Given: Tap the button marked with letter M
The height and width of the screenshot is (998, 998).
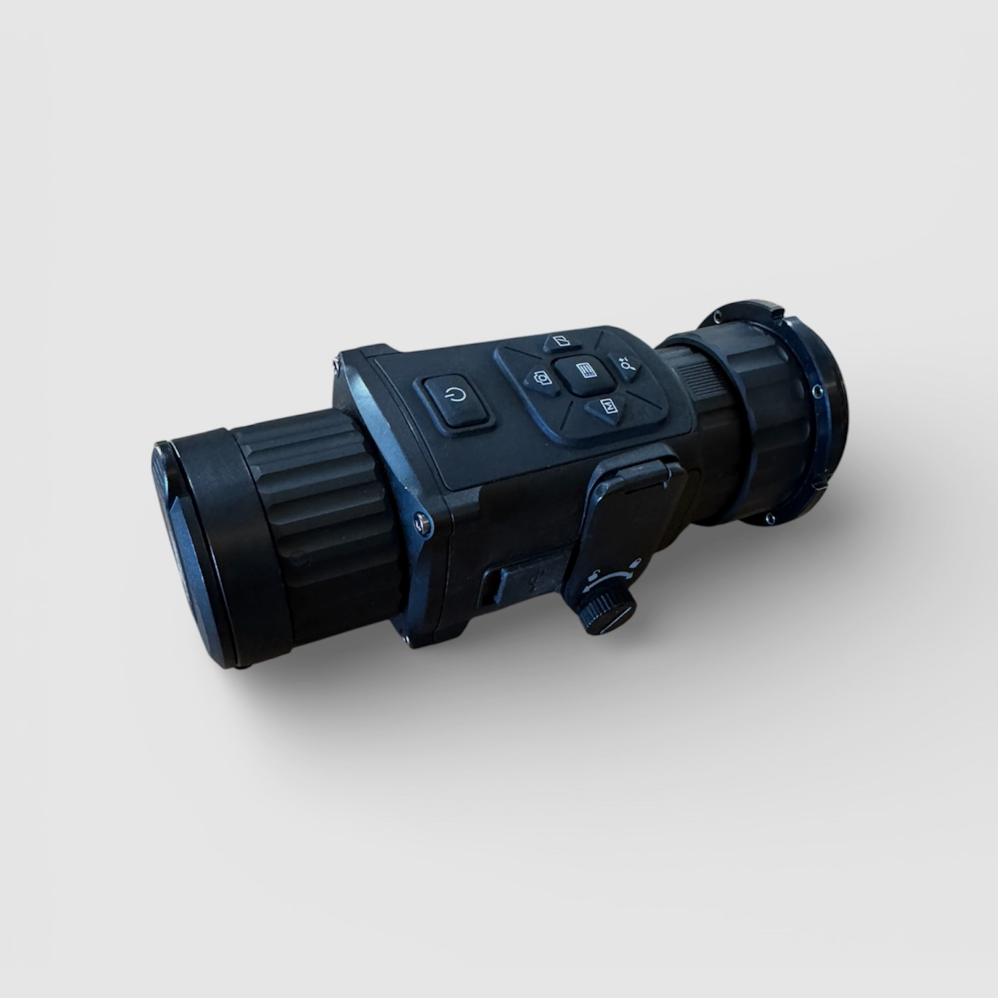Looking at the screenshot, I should [606, 407].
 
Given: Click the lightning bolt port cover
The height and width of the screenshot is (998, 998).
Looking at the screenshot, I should [524, 583].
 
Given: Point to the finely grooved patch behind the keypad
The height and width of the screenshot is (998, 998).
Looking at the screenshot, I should [696, 384].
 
